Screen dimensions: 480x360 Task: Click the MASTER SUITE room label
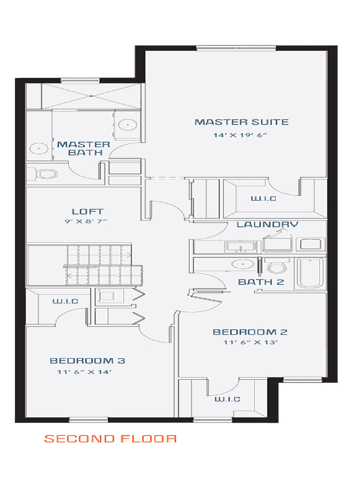241,122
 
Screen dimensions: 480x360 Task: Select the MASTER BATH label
83,148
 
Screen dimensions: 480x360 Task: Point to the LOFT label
88,212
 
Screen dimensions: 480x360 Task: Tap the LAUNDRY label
267,225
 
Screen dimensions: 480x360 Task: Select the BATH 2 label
261,282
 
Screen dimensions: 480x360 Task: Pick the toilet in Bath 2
276,267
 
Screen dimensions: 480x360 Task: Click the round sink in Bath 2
243,263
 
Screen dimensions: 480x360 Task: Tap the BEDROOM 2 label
250,332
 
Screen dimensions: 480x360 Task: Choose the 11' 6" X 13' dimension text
251,342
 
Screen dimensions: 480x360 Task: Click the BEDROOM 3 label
88,361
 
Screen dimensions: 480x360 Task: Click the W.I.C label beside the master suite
263,199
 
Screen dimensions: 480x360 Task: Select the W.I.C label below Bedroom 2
227,399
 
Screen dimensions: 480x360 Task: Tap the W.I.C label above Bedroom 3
65,301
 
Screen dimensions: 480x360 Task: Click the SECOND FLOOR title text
111,439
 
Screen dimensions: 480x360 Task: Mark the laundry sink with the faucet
240,246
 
